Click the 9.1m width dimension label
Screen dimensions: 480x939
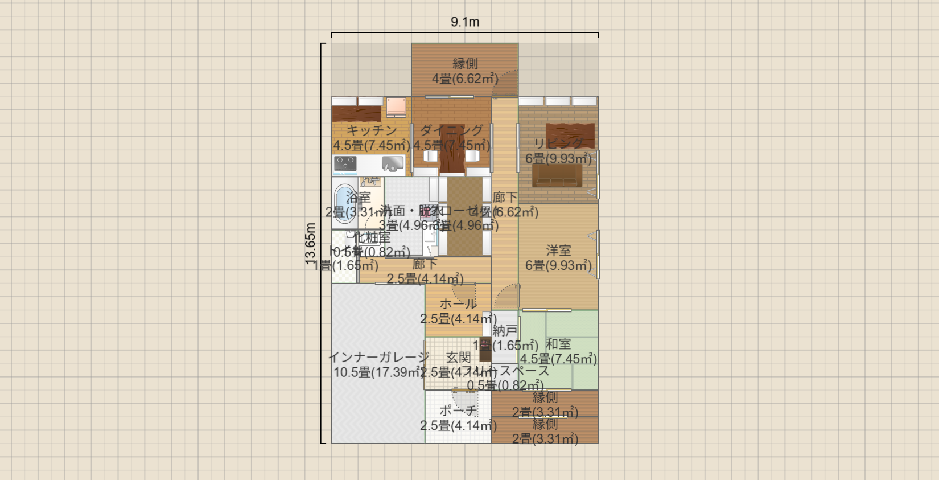click(465, 22)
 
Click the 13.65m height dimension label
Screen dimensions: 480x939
click(311, 244)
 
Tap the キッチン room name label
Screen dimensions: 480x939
click(372, 130)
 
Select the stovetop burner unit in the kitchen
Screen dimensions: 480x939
click(345, 165)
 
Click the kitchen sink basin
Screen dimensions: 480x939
click(393, 165)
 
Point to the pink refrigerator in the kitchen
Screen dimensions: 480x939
click(396, 107)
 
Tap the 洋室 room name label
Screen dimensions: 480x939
click(558, 251)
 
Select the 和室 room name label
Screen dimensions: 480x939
click(558, 344)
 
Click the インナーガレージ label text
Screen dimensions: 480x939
click(379, 358)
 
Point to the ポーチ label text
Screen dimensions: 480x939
click(458, 411)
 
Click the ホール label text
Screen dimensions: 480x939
click(458, 304)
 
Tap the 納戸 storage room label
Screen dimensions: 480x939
click(505, 330)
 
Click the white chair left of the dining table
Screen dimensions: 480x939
click(430, 156)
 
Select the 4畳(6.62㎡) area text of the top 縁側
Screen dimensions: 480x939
click(465, 79)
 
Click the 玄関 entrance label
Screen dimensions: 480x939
click(458, 358)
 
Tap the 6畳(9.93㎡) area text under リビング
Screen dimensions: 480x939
click(558, 159)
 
